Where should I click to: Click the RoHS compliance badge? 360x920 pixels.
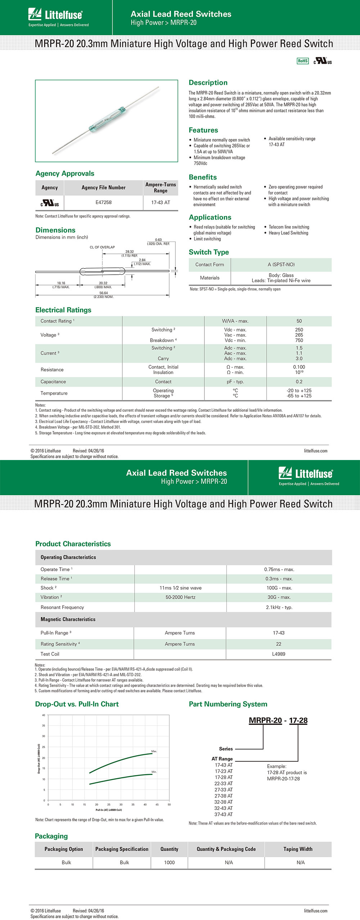tap(302, 61)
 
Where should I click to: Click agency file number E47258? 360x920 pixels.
tap(103, 202)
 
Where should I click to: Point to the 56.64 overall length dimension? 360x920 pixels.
tap(104, 293)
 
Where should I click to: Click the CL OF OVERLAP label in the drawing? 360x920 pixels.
tap(102, 247)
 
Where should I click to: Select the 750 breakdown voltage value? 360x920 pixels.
tap(299, 340)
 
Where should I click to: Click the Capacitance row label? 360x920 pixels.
tap(53, 382)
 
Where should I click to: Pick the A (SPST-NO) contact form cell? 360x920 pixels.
tap(281, 265)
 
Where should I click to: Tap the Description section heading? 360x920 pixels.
tap(208, 83)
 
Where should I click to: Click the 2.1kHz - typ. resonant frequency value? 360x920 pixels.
tap(279, 607)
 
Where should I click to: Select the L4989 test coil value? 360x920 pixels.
tap(279, 654)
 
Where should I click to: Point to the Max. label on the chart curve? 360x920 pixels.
tap(154, 751)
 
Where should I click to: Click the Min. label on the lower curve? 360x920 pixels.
tap(154, 772)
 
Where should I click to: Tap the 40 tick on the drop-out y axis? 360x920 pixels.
tap(44, 715)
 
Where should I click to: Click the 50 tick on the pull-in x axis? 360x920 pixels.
tap(169, 804)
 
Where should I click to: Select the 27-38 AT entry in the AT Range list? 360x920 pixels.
tap(224, 796)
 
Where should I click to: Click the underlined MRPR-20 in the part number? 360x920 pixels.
tap(265, 720)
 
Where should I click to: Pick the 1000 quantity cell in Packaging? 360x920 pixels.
tap(169, 862)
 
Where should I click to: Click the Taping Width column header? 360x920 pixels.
tap(298, 849)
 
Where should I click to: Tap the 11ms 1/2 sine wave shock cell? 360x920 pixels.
tap(180, 588)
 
